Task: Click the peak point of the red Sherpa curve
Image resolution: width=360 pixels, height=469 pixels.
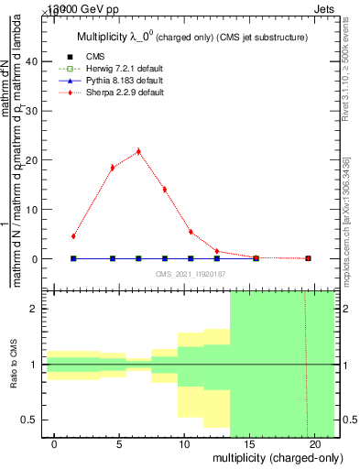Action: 138,151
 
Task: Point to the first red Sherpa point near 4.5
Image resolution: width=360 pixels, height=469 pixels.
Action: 73,236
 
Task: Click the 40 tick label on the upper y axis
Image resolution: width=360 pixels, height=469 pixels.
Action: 32,61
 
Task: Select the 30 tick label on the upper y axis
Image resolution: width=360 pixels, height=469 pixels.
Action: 32,111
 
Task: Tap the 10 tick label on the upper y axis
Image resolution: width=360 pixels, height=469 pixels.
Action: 32,210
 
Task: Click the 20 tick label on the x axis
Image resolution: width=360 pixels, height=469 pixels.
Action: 314,444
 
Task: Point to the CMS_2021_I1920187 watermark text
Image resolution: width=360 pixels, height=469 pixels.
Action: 190,274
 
